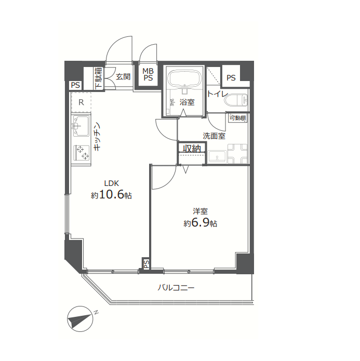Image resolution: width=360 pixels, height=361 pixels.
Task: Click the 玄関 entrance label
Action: [123, 77]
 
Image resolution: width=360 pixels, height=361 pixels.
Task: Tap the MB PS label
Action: [148, 74]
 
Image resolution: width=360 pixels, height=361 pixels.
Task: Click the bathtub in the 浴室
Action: [183, 78]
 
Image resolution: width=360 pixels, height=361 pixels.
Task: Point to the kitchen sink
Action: [81, 126]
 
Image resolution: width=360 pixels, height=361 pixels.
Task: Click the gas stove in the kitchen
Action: [82, 153]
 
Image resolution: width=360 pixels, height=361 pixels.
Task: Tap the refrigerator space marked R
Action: [81, 102]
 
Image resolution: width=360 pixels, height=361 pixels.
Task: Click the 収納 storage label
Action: [192, 149]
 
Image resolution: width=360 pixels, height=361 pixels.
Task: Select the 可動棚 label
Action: [238, 118]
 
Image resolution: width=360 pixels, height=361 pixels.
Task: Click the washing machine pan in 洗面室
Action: [237, 154]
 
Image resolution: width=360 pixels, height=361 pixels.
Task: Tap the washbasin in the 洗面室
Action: [217, 157]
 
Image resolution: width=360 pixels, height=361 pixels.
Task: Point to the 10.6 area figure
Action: [112, 195]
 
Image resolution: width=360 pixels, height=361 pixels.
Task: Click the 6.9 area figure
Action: [199, 222]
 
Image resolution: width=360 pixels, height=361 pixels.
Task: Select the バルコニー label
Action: [176, 288]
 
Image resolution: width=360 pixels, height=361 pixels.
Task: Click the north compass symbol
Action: [80, 319]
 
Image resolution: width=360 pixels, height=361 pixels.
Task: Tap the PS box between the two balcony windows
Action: [146, 263]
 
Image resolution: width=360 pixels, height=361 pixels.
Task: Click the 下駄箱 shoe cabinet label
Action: [99, 78]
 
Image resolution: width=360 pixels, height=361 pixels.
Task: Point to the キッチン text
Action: [97, 136]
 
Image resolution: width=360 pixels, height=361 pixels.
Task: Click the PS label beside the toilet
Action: [231, 78]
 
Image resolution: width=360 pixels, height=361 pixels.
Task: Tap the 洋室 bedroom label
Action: [200, 211]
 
